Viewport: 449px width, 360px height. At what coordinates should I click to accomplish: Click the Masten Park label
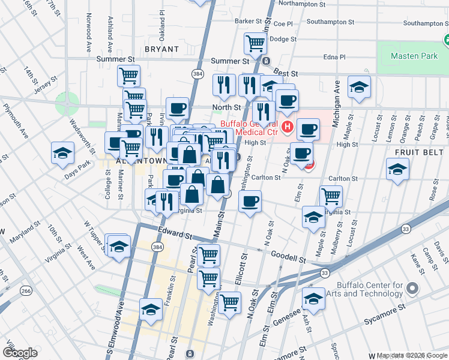click(x=414, y=56)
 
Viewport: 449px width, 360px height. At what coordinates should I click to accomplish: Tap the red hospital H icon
click(x=287, y=126)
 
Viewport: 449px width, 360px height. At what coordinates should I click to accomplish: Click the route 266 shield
click(x=26, y=290)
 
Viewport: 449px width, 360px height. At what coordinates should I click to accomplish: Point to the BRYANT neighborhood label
click(x=161, y=49)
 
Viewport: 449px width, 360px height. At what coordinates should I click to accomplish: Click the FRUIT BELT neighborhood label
click(x=420, y=153)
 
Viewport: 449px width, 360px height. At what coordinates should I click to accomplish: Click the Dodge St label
click(x=280, y=39)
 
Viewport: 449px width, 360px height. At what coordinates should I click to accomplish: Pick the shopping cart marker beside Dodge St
click(x=255, y=43)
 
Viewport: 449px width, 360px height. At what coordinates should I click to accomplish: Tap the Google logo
click(x=20, y=353)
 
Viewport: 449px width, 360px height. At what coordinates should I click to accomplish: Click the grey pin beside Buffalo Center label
click(x=412, y=289)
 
